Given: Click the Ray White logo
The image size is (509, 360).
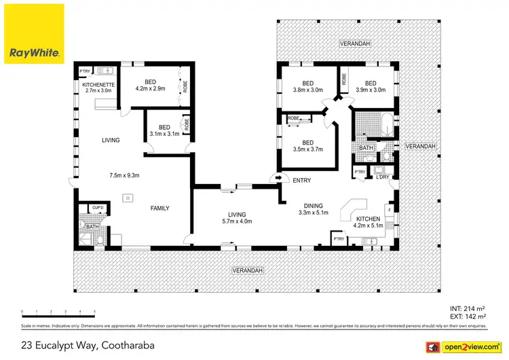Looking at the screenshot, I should click(x=35, y=34).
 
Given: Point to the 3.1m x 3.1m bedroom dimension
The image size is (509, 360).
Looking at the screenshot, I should click(x=164, y=134).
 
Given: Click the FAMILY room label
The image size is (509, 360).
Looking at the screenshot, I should click(x=159, y=209).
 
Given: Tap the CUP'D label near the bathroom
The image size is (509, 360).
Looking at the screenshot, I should click(x=97, y=207).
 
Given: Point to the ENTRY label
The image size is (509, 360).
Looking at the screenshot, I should click(x=301, y=179).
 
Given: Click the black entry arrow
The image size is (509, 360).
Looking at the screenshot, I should click(x=274, y=179).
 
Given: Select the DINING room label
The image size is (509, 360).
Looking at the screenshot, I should click(x=313, y=205).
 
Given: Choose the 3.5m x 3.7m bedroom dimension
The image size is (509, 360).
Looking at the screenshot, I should click(x=307, y=149).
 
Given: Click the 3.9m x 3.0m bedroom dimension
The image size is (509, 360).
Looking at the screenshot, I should click(x=370, y=90).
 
